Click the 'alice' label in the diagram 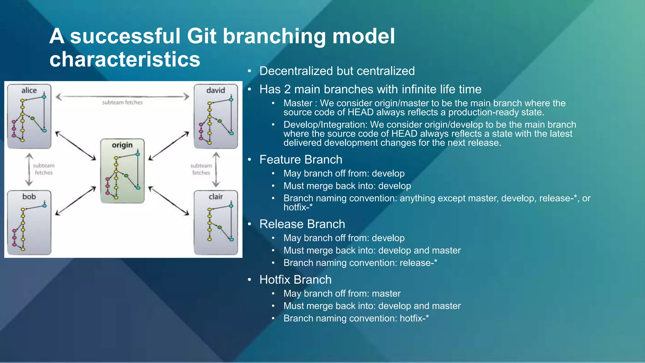pos(29,90)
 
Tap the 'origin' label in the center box pos(122,145)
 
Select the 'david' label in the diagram pos(215,90)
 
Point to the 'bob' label pos(29,197)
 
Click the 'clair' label pos(215,197)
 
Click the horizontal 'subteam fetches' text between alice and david pos(122,102)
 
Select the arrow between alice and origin pos(76,146)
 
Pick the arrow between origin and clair pos(169,201)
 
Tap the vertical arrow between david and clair pos(216,170)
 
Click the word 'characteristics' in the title pos(125,60)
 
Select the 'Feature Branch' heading pos(300,160)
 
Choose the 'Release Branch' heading pos(302,224)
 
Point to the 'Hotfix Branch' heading pos(295,280)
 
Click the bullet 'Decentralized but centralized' pos(337,71)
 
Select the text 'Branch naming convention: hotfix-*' pos(356,318)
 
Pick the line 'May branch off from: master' pos(342,294)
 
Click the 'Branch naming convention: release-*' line pos(360,263)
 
